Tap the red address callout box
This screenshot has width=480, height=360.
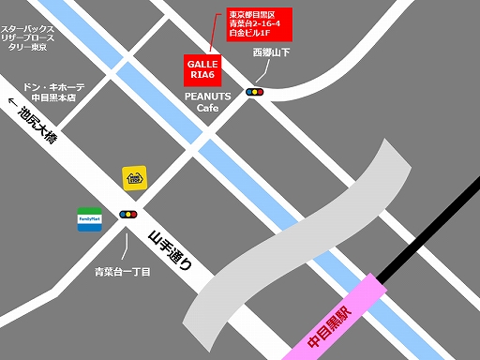(x=259, y=29)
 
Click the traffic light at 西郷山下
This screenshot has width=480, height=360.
(x=254, y=92)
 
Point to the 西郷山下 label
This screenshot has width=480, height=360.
(x=271, y=53)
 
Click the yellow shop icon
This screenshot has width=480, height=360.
(x=134, y=178)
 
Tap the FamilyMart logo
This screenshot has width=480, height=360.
(x=90, y=219)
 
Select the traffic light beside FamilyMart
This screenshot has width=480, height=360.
(x=127, y=215)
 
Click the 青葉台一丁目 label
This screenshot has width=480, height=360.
(x=123, y=272)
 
